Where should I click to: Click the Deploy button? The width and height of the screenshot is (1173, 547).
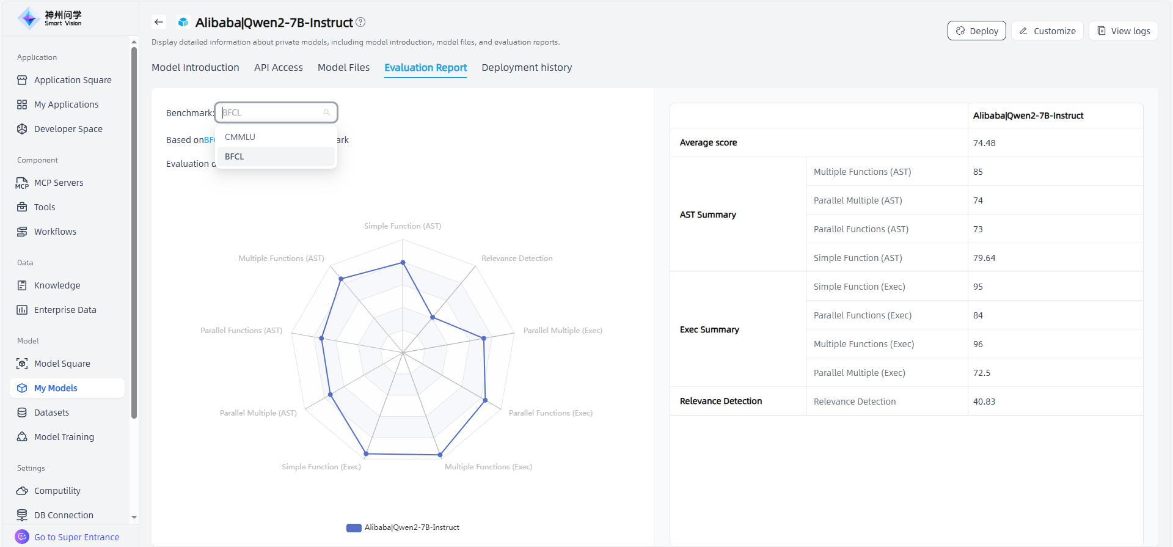(976, 31)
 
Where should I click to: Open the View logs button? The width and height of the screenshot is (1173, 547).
(1123, 31)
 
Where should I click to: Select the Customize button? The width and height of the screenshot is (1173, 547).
(1047, 31)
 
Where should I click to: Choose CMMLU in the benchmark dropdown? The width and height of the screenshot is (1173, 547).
(240, 137)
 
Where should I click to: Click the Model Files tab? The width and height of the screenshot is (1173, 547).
(343, 67)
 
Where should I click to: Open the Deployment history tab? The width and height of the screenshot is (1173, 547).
(527, 67)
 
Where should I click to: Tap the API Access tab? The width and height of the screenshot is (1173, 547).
(279, 67)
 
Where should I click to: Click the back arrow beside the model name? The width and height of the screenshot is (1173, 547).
(159, 22)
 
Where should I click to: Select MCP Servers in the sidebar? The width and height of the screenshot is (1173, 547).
(59, 183)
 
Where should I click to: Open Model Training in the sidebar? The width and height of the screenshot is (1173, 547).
(64, 437)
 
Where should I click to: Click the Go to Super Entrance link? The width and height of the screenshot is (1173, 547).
(76, 537)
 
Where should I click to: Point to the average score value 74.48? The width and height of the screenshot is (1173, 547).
(984, 143)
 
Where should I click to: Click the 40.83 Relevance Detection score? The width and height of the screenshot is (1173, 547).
(984, 402)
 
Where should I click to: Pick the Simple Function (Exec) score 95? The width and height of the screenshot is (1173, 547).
(978, 287)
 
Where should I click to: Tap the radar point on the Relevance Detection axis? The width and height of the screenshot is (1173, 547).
(433, 317)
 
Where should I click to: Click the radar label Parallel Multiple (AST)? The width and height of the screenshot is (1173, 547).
(258, 413)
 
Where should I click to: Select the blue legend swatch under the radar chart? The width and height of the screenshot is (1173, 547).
(354, 527)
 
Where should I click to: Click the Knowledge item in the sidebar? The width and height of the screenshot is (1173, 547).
(57, 285)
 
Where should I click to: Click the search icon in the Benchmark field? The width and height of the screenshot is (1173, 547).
(327, 112)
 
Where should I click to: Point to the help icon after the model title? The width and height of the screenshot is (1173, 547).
(360, 22)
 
